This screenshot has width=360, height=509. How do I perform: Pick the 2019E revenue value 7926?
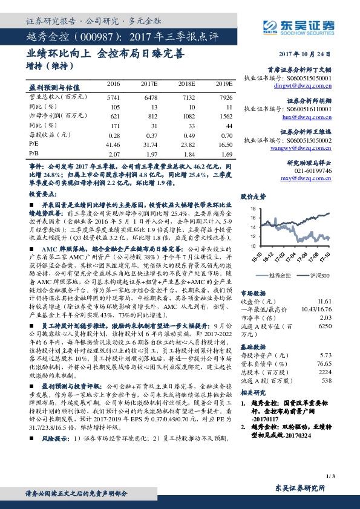click(x=225, y=97)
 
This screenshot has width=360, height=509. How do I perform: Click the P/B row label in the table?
click(x=33, y=155)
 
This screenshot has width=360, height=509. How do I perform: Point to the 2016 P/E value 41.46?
click(x=113, y=145)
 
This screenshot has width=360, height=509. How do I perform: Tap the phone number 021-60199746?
click(x=315, y=171)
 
